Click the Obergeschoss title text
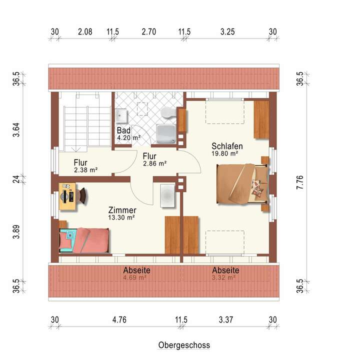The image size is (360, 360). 184,345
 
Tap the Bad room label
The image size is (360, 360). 123,130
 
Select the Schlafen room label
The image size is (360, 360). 227,146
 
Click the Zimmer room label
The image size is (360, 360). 122,210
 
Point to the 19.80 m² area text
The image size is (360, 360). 225,153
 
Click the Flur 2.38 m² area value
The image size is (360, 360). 86,170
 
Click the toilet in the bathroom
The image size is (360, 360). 168,112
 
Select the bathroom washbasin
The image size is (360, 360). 121,116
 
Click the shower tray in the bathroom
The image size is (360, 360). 166,134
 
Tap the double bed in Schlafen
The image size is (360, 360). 242,183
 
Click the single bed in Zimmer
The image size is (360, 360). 84,240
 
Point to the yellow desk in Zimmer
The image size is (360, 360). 67,196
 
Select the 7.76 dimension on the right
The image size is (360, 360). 300,182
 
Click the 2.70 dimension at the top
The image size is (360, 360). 149,31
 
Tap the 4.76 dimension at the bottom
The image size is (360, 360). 119,319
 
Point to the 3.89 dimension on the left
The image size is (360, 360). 16,232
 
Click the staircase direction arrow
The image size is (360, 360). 76,149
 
